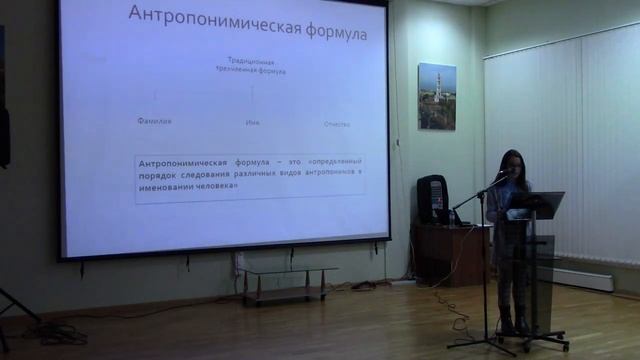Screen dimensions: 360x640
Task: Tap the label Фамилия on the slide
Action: point(154,121)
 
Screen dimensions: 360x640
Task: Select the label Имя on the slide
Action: point(252,123)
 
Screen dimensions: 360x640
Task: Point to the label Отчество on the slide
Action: point(337,124)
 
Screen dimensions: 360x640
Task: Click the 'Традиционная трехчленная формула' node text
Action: point(252,66)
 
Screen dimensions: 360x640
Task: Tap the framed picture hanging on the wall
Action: point(436,96)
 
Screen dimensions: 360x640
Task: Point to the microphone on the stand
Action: point(500,179)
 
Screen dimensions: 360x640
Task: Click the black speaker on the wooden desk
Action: point(432,199)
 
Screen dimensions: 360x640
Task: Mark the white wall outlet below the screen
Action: point(239,261)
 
